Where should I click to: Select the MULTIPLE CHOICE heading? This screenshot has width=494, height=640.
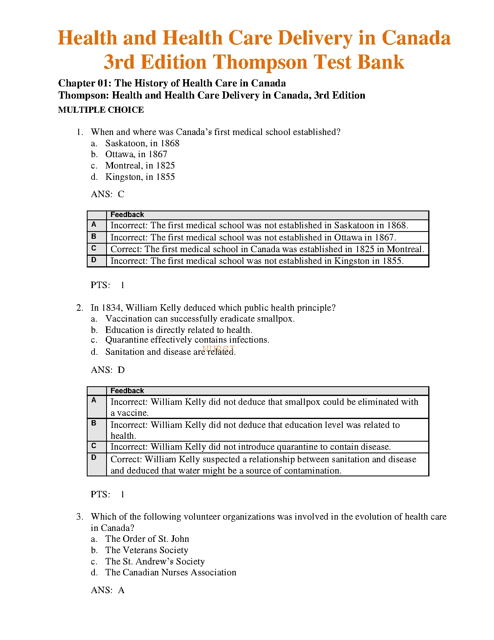[x=101, y=110]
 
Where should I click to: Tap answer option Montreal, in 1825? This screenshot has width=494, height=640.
[x=140, y=166]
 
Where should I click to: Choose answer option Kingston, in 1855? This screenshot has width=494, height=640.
[x=140, y=177]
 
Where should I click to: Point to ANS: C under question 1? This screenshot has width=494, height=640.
[x=107, y=194]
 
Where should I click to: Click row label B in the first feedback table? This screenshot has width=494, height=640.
[x=94, y=237]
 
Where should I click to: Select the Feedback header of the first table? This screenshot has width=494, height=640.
[x=127, y=215]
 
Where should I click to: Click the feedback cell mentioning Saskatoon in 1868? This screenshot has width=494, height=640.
[x=259, y=225]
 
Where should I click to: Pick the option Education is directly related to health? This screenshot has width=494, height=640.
[x=178, y=330]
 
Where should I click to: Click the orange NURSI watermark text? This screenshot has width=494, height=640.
[x=218, y=349]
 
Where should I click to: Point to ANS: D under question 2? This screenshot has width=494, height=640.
[x=108, y=370]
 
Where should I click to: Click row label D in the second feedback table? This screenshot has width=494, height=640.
[x=94, y=457]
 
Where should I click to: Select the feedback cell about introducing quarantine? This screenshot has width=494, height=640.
[x=250, y=447]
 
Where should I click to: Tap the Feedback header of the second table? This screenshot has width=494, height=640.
[x=127, y=391]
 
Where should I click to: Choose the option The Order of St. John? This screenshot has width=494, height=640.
[x=147, y=539]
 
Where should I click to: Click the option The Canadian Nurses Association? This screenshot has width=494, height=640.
[x=170, y=573]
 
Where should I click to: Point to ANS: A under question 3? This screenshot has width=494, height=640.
[x=107, y=590]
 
